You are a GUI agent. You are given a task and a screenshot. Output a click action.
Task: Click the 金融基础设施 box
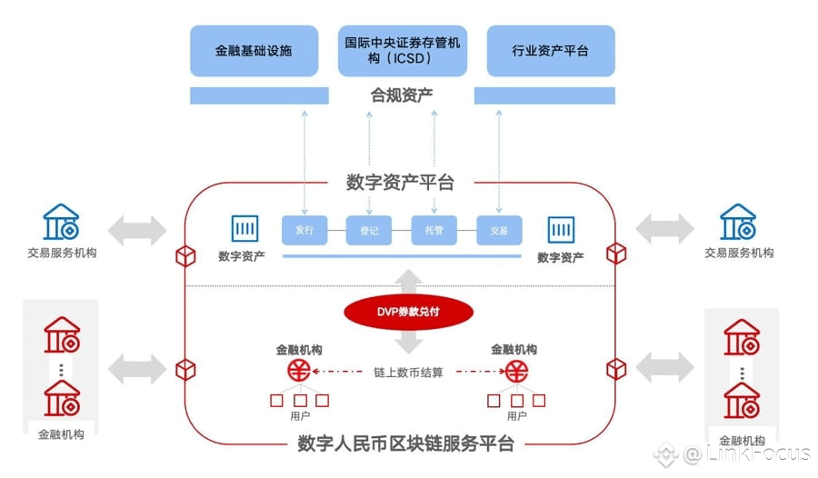coord(254,51)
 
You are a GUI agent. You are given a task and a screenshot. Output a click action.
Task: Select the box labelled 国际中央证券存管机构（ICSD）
coord(403,51)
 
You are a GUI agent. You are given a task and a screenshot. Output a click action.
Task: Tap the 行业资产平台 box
coord(551,51)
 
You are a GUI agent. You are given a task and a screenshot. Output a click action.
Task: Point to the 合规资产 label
coord(402,95)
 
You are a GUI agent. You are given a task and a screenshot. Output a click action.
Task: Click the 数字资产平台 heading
coord(400,183)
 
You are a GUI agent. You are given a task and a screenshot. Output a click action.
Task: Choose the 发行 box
coord(304,230)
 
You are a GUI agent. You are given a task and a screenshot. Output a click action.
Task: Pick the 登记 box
coord(369,230)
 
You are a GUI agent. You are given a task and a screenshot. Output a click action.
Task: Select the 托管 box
coord(434,230)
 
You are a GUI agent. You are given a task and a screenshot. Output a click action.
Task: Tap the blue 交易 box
coord(499,230)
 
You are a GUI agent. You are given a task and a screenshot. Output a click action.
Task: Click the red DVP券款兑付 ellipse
coord(408,312)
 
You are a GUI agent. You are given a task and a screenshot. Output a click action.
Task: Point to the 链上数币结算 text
coord(408,372)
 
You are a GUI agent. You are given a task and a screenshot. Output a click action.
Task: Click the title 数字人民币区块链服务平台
coord(406,443)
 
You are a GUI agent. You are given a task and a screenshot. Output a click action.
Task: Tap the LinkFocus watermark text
coord(747,453)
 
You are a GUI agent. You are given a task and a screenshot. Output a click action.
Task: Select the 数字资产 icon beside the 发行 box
coord(244,229)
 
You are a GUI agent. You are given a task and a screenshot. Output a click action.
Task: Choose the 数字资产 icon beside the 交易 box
coord(562,230)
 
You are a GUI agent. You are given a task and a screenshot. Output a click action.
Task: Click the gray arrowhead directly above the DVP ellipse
coord(408,276)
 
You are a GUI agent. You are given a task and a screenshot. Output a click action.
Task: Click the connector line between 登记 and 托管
coord(401,230)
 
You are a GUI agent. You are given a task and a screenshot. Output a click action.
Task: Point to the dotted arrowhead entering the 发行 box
coord(304,212)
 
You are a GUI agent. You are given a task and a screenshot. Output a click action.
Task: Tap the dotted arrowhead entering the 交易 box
coord(499,212)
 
